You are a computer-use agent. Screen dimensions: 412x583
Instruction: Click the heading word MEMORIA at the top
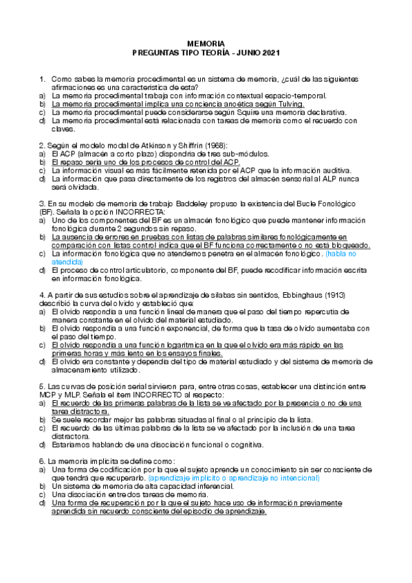point(206,43)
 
